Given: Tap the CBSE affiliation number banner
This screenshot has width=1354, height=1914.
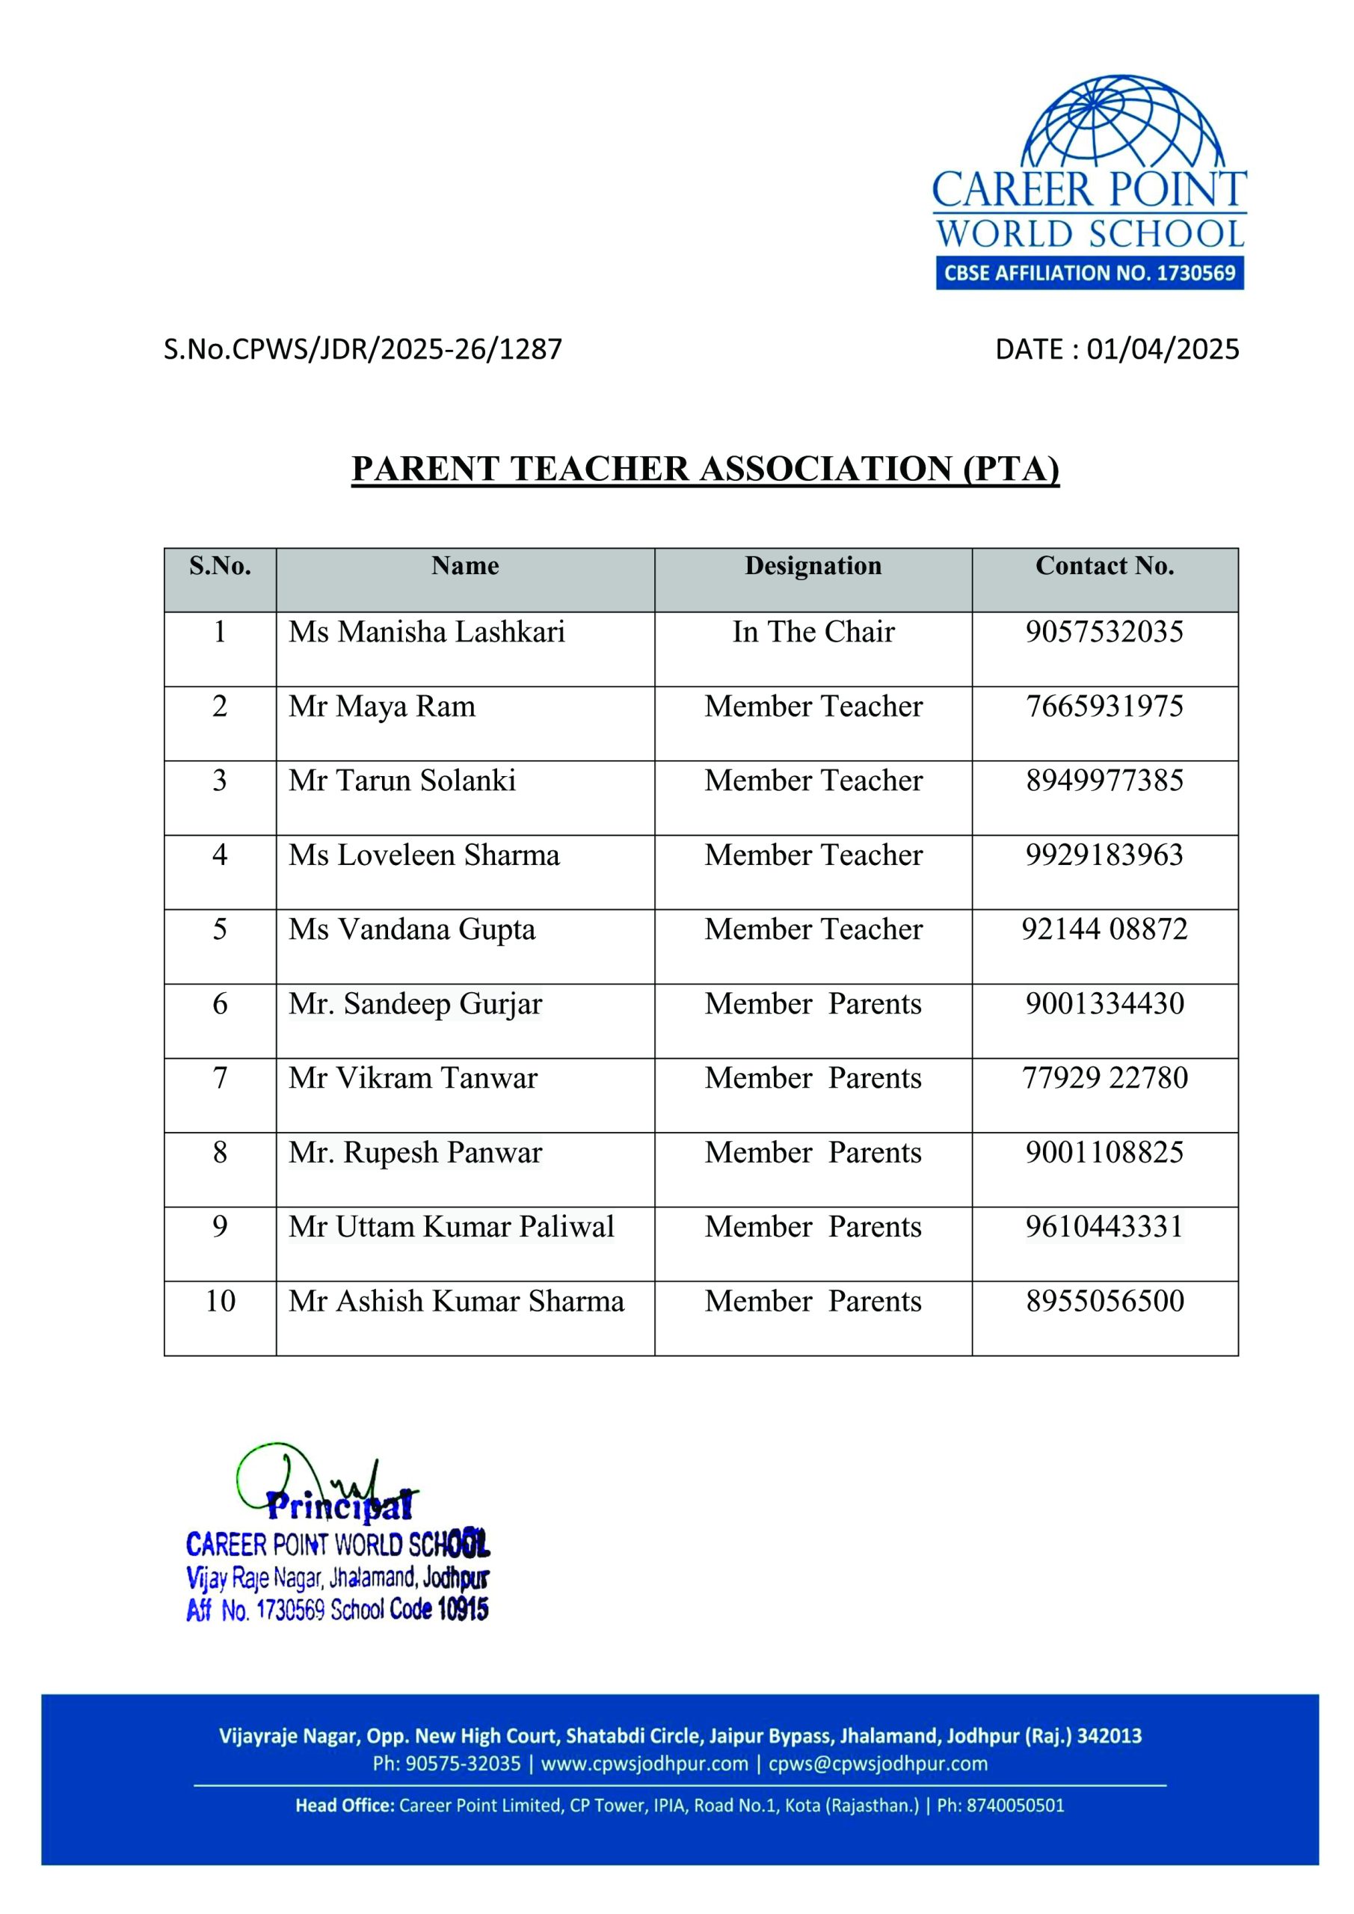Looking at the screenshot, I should pos(1089,274).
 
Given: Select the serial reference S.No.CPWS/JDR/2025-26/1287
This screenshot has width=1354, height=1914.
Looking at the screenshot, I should pos(363,349).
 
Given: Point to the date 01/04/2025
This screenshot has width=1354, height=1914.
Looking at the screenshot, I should pos(1163,349).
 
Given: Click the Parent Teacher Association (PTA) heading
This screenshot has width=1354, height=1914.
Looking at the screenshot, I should pos(705,469).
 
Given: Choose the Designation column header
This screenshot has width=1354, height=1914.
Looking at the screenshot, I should pos(813,566).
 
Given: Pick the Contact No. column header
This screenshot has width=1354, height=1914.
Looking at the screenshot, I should pos(1105,566).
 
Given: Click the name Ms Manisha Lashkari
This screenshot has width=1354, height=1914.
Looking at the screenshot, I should pos(427,632).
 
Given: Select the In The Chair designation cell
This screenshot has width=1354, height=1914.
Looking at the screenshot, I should pos(813,632).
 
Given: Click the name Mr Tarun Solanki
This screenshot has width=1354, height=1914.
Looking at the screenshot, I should pos(402,781).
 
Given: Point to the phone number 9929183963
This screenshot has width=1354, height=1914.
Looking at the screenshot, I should pos(1105,855).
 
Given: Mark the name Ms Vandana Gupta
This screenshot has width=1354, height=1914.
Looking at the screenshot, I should pos(412,929).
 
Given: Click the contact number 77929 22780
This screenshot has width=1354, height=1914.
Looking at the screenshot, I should pos(1105,1078).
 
